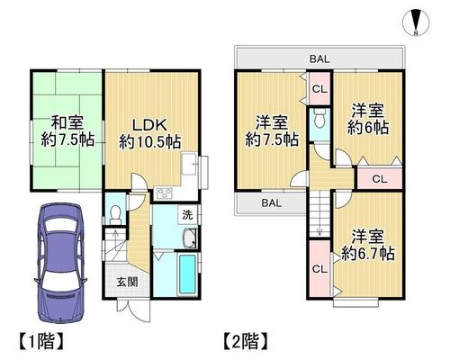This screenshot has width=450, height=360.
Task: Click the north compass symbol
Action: pyautogui.click(x=416, y=22)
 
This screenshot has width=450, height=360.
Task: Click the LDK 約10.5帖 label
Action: pyautogui.click(x=149, y=134)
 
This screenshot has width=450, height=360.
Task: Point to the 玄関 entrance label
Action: pyautogui.click(x=127, y=282)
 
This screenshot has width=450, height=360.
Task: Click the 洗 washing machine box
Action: pyautogui.click(x=188, y=215)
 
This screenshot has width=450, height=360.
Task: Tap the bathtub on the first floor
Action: pyautogui.click(x=188, y=274)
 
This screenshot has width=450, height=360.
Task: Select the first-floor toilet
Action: pyautogui.click(x=115, y=214)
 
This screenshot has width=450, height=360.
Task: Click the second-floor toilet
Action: pyautogui.click(x=319, y=119)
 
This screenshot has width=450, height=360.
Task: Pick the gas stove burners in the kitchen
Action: pyautogui.click(x=163, y=193)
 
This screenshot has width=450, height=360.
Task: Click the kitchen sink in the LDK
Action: pyautogui.click(x=189, y=164)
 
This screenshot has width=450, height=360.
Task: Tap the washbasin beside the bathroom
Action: pyautogui.click(x=190, y=238)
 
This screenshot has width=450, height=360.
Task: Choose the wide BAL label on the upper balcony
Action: pyautogui.click(x=319, y=59)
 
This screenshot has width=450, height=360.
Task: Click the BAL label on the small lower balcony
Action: pyautogui.click(x=272, y=203)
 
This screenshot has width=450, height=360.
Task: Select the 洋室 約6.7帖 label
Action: pyautogui.click(x=368, y=245)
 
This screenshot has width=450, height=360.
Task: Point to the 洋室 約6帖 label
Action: pyautogui.click(x=368, y=119)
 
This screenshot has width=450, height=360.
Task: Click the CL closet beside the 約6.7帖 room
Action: pyautogui.click(x=319, y=269)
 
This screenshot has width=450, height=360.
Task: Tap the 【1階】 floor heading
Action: pyautogui.click(x=41, y=341)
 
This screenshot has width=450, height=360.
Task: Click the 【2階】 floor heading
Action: pyautogui.click(x=246, y=341)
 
